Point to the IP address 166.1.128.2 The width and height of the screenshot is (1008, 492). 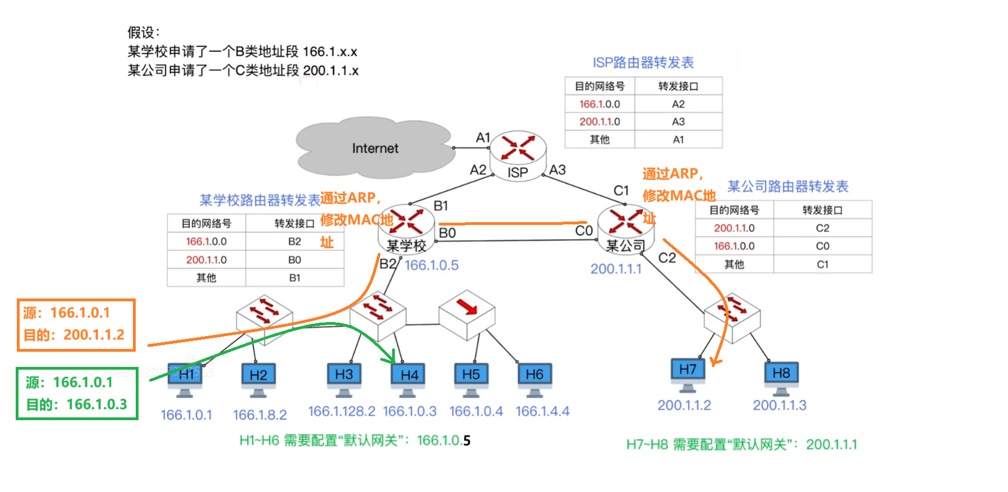click(341, 411)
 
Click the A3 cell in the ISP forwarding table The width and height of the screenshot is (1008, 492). click(678, 122)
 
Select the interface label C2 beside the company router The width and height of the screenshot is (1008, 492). click(667, 258)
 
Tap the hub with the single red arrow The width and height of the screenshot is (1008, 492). click(467, 314)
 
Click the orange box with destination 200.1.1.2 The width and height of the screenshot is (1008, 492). click(76, 325)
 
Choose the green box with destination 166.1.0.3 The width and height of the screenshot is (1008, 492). click(77, 393)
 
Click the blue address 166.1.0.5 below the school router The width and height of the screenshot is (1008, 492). click(431, 265)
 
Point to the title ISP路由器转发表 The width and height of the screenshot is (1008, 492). click(643, 62)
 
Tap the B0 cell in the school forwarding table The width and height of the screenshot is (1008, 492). click(294, 260)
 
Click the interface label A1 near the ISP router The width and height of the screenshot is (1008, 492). click(483, 137)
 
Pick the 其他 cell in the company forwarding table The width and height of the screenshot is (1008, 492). click(734, 264)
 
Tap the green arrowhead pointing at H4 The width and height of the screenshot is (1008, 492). click(393, 357)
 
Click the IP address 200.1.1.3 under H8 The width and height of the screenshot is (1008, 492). click(779, 405)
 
